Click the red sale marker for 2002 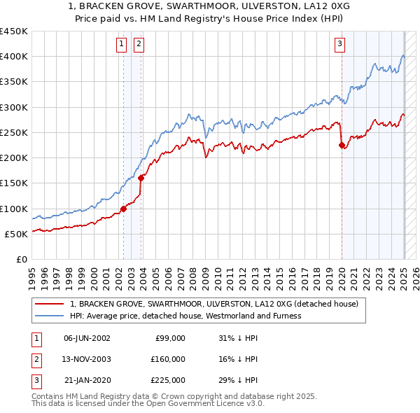123,209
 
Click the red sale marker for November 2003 141,178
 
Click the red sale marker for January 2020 342,146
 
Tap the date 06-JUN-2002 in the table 87,338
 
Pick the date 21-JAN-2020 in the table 87,380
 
